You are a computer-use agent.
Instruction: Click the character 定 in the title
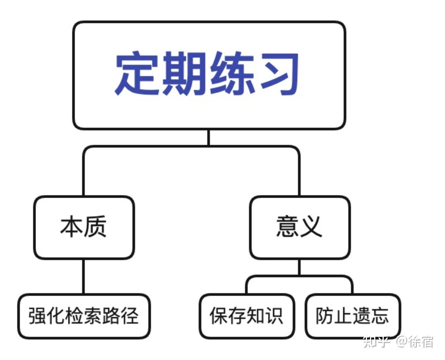pos(136,73)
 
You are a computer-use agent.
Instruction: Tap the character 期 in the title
pos(183,73)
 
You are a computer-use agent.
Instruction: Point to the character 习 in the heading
pos(279,73)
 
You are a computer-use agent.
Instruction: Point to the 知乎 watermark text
pos(376,342)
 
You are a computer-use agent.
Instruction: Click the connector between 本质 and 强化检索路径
pos(83,277)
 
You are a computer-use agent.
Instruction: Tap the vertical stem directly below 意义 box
pos(300,267)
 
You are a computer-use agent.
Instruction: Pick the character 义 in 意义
pos(311,227)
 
